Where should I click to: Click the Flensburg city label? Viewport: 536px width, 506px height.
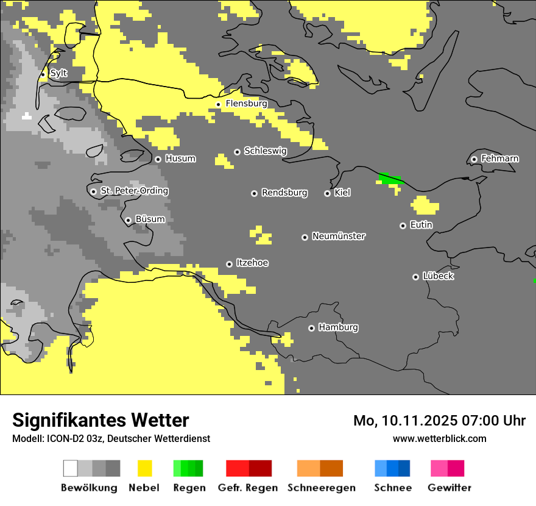(246, 104)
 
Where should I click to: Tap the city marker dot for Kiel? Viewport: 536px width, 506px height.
(327, 193)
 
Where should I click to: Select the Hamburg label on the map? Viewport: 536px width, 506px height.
(338, 327)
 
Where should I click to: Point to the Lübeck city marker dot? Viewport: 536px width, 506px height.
(415, 277)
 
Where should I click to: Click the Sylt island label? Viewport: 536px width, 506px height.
(58, 74)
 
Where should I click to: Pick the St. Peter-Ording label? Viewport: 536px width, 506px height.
(134, 191)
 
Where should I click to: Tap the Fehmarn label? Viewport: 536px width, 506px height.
(499, 159)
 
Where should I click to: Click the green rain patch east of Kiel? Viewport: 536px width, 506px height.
(390, 179)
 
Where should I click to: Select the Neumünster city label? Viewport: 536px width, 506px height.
(339, 236)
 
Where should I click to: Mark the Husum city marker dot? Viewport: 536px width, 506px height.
(158, 159)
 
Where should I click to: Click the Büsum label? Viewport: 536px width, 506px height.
(150, 219)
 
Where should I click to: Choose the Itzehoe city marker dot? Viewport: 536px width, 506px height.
(229, 264)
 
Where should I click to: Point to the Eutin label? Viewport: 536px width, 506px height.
(421, 225)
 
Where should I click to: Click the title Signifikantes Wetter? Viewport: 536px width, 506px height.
(100, 420)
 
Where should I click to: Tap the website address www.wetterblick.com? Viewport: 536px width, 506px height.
(439, 438)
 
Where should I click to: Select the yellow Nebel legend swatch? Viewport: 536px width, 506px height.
(144, 468)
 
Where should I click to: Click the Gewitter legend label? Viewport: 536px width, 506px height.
(449, 488)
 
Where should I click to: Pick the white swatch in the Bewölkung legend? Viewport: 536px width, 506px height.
(71, 468)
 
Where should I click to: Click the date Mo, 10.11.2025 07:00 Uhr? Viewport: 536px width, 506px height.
(439, 421)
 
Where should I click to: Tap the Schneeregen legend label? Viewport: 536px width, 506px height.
(321, 488)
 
